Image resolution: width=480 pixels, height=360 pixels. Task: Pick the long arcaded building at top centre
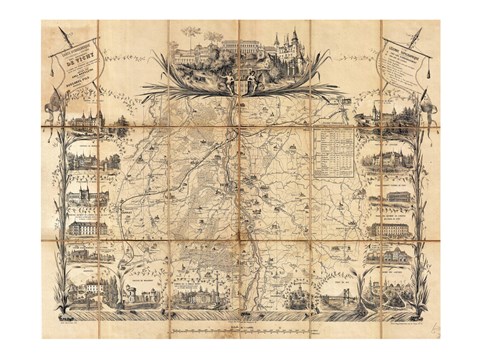point(236,47)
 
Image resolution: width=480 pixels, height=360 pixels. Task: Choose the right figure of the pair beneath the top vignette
point(251,82)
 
